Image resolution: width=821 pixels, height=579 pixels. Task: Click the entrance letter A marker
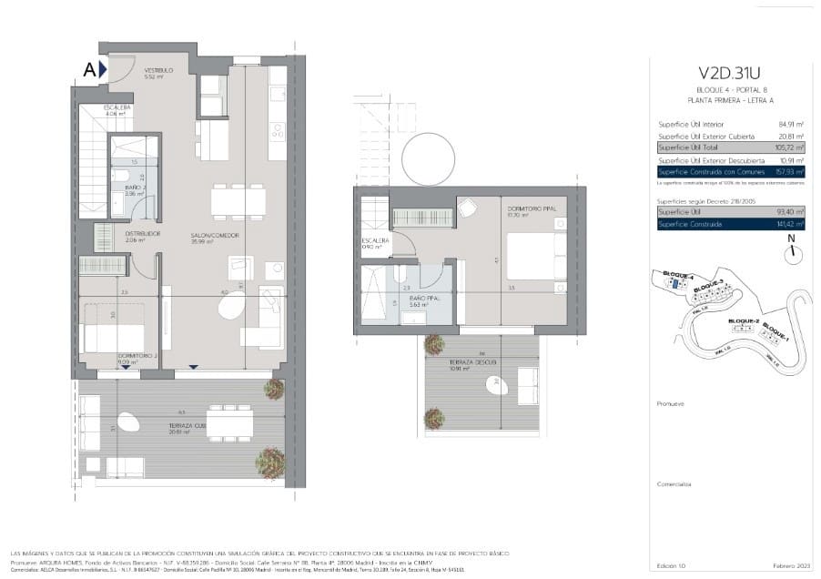click(89, 69)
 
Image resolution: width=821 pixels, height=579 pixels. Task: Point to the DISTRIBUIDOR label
click(143, 233)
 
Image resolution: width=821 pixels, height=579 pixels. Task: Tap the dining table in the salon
click(238, 200)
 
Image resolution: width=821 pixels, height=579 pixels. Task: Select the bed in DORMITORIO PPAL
click(536, 256)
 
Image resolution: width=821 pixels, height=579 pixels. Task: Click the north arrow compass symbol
click(792, 249)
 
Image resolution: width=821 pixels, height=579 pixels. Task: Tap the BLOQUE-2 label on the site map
click(744, 321)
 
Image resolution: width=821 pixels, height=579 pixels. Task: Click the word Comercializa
click(674, 484)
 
